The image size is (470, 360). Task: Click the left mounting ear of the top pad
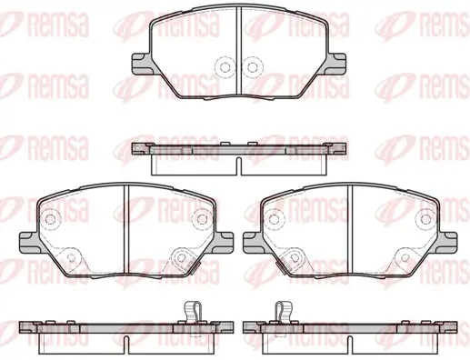coord(142,64)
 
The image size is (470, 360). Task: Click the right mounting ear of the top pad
coord(336,64)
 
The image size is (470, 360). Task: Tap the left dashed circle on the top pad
coord(225,67)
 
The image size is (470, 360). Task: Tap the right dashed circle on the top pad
coord(252,67)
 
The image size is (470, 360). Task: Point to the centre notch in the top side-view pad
coord(238,166)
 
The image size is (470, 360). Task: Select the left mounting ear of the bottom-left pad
coord(30,243)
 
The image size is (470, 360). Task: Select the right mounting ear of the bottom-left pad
coord(224,243)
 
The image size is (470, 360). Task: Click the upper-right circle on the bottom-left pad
coord(201,219)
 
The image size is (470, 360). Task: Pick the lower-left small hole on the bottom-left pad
coord(71,258)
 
